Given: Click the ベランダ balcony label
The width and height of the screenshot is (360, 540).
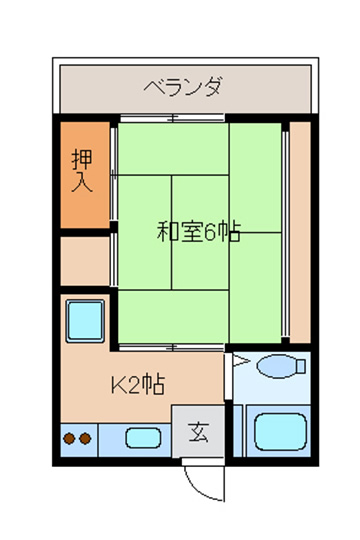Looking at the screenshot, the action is (182, 87).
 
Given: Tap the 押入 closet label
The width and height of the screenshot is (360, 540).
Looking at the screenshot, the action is (82, 170).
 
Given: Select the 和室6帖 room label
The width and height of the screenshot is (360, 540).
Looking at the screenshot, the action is (198, 231).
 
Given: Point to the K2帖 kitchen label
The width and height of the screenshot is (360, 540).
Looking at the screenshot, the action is (138, 384).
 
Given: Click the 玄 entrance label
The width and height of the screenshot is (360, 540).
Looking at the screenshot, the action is (198, 432).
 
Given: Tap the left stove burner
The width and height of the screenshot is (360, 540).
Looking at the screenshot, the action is (69, 439).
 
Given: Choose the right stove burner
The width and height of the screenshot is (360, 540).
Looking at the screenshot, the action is (85, 439).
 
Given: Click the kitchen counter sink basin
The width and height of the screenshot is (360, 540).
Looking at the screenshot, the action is (143, 438).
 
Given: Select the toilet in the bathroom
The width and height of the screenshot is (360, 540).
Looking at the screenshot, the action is (281, 366).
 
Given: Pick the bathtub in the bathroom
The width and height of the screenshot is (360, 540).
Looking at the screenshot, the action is (281, 432).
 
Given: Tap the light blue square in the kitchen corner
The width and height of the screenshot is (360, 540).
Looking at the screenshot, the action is (85, 321).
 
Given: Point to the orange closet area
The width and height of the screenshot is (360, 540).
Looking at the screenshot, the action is (85, 175).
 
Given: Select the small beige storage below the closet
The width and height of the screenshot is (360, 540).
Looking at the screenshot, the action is (85, 261).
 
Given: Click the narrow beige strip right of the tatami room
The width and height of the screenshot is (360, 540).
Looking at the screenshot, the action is (300, 232).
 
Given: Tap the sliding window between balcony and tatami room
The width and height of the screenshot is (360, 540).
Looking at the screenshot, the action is (172, 118).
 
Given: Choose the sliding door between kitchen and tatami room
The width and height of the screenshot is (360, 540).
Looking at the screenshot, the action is (172, 347).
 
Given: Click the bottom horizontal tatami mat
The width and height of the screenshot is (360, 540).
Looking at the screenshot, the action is (173, 316).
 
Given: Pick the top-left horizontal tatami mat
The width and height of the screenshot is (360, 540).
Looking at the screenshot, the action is (173, 149).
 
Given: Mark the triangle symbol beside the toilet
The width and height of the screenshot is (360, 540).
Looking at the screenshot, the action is (241, 361).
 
